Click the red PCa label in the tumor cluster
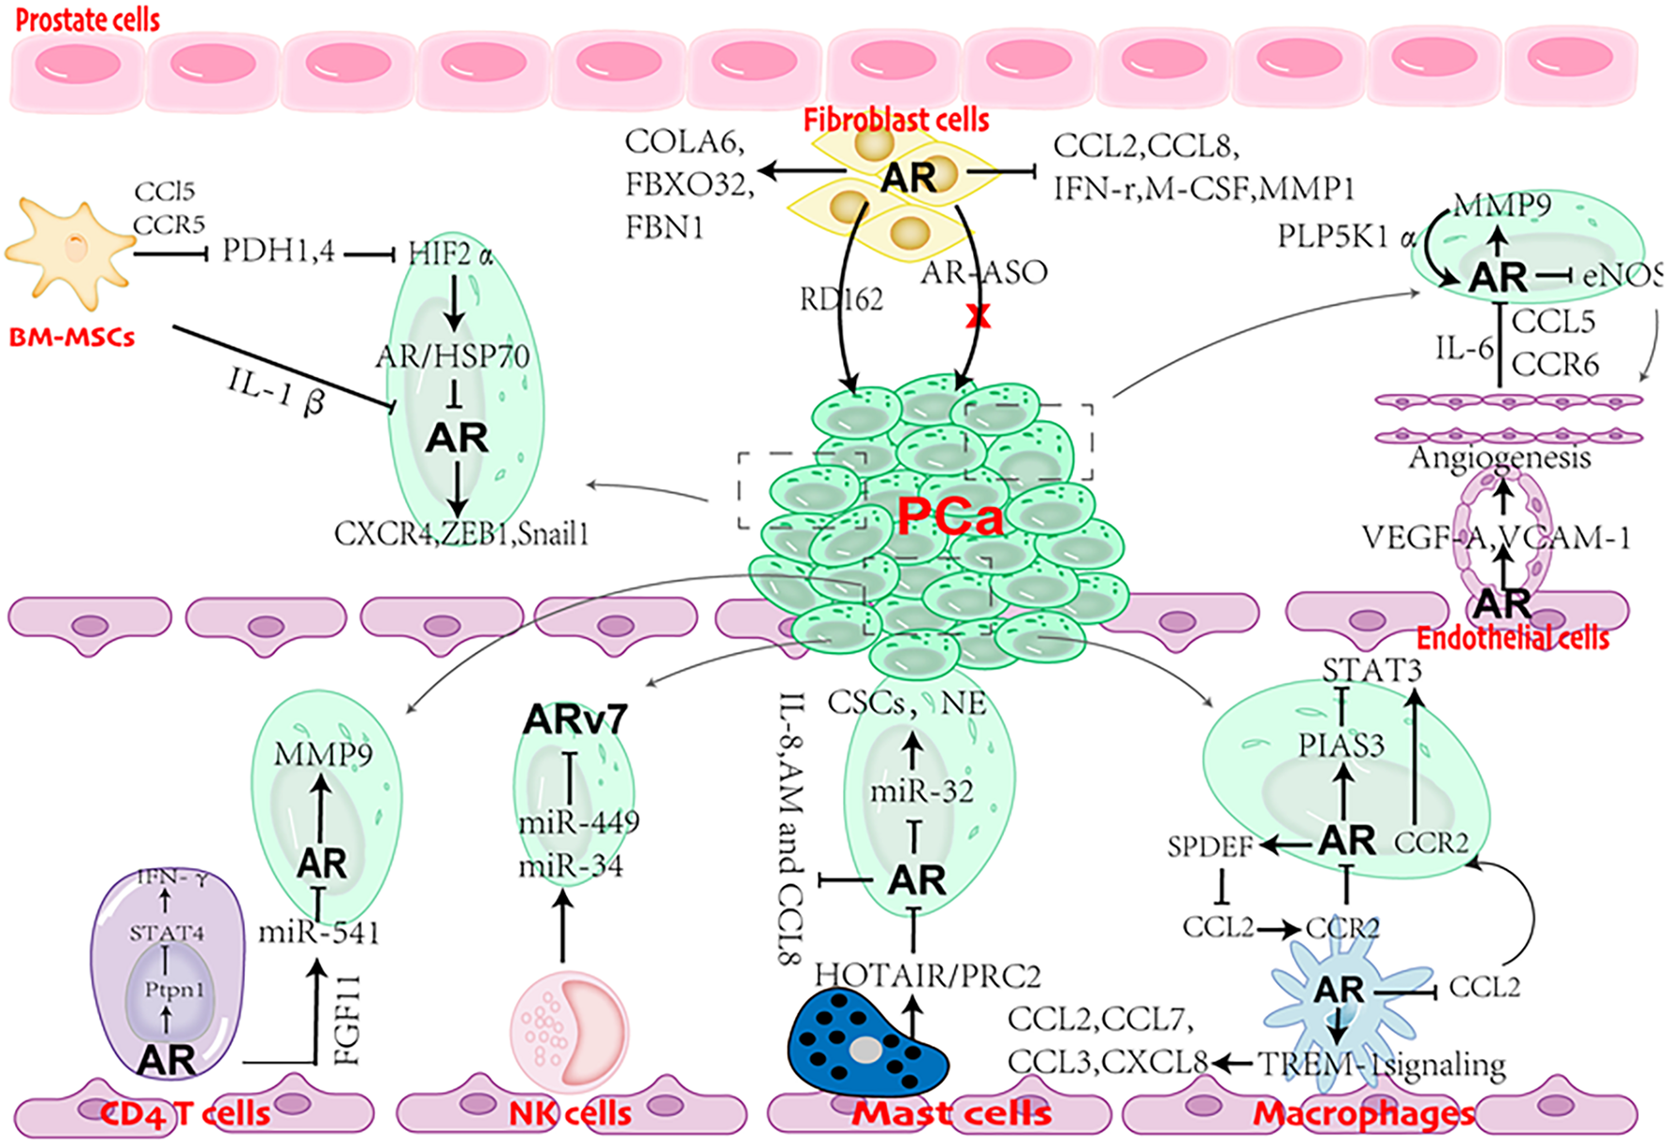tap(949, 516)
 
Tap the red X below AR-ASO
tap(978, 316)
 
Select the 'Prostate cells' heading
tap(88, 20)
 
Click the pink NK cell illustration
tap(569, 1031)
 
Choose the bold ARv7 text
tap(575, 720)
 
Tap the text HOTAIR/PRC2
tap(928, 975)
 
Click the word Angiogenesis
tap(1499, 458)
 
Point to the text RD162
tap(841, 300)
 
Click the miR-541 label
tap(319, 933)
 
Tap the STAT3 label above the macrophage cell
tap(1371, 670)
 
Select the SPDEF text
tap(1209, 846)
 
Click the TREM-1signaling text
tap(1382, 1064)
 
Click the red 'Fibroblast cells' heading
tap(896, 120)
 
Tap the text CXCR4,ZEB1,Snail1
tap(462, 534)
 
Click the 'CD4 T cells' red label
tap(185, 1114)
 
